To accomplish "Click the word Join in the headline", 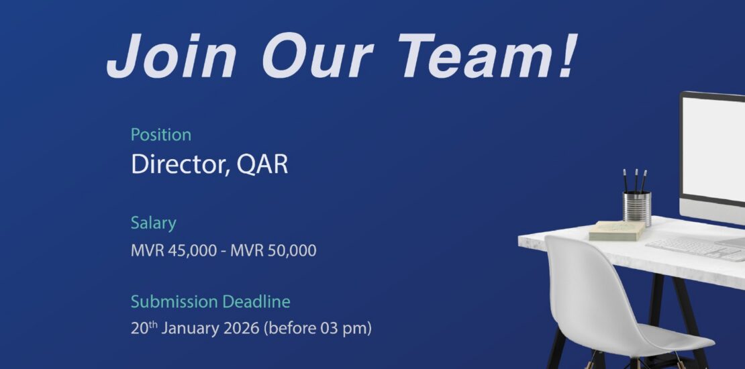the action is point(171,56).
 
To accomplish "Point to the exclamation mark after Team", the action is point(567,55).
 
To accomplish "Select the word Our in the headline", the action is point(317,56).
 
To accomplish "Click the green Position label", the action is point(161,135).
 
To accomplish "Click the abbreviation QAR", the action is point(262,165).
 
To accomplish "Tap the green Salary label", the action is point(154,223).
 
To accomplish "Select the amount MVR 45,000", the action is point(174,250).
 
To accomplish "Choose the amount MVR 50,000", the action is point(273,250).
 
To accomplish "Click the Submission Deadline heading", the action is point(211,301).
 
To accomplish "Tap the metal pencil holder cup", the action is point(637,208).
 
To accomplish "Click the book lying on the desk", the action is point(617,231).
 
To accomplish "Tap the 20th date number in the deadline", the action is point(144,327).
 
